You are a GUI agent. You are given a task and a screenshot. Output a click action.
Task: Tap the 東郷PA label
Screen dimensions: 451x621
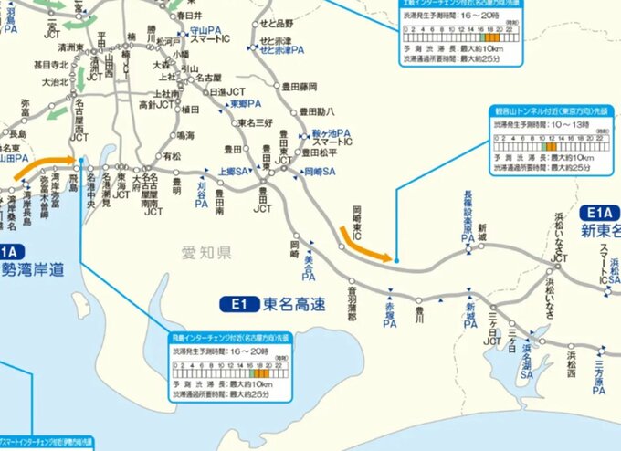click(x=241, y=105)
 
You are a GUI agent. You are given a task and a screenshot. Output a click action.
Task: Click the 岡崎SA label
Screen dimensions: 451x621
click(x=319, y=171)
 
